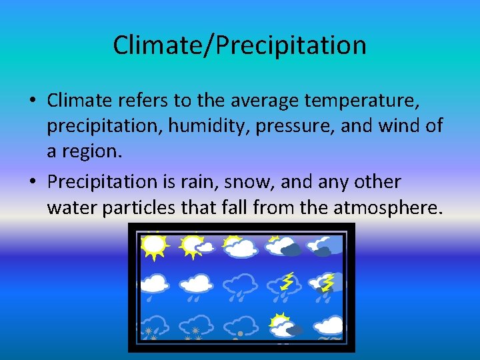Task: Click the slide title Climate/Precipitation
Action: coord(239,45)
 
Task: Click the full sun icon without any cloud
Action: coord(153,245)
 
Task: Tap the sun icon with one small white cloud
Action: coord(196,246)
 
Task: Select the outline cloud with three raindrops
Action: coord(240,287)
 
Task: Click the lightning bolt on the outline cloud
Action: coord(287,281)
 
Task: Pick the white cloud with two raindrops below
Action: coord(196,287)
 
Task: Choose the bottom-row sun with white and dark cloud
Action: coord(283,326)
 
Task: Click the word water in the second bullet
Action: coord(72,207)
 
